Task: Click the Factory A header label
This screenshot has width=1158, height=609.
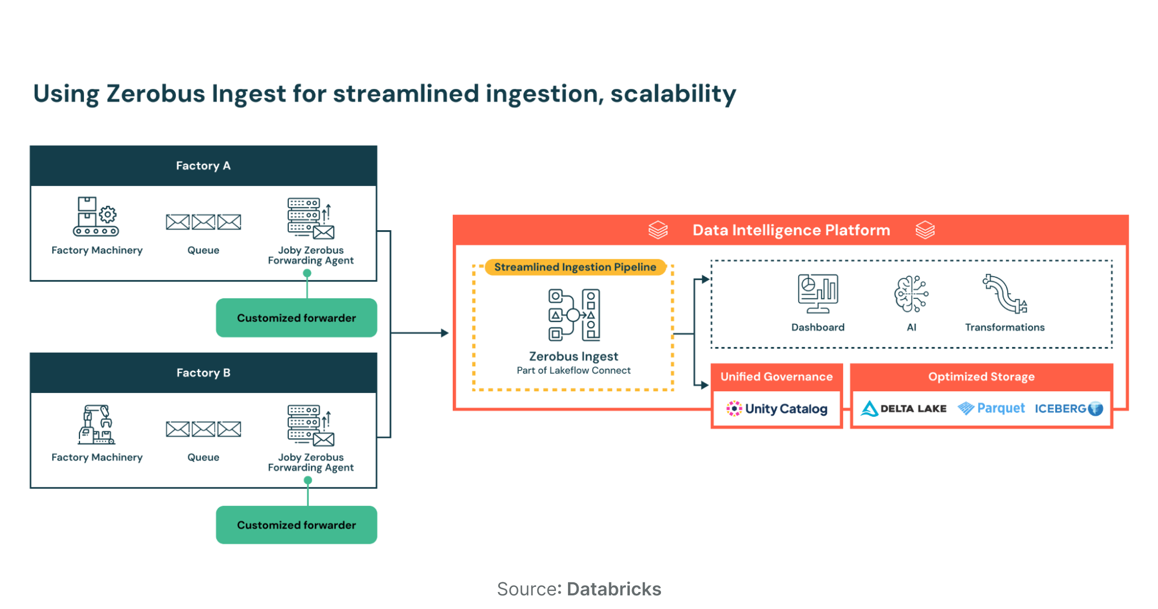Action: [203, 166]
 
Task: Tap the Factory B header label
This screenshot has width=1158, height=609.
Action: [203, 373]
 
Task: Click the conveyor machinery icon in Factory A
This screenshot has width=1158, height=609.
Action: [96, 217]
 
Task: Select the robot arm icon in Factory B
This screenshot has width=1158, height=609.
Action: [96, 424]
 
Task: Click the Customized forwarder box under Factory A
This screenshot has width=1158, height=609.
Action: [296, 318]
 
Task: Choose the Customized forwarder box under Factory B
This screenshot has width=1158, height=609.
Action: [296, 525]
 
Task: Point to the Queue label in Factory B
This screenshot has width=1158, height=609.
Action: [203, 457]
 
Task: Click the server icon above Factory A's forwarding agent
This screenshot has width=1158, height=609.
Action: [310, 218]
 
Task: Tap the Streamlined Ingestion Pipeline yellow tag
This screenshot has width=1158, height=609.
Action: [575, 267]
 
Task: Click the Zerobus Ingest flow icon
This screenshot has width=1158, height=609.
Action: [574, 315]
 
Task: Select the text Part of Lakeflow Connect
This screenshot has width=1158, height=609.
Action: [573, 370]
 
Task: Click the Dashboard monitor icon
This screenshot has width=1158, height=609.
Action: [818, 294]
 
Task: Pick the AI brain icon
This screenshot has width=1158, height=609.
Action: [911, 294]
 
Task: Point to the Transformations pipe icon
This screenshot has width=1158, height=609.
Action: [1005, 294]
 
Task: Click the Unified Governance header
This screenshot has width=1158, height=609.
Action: [776, 377]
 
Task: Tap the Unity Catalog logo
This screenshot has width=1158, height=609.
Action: [777, 409]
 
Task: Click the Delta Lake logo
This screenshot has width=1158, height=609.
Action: [903, 409]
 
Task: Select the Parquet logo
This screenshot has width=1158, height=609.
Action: [991, 408]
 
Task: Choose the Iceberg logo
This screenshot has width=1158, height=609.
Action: [1068, 409]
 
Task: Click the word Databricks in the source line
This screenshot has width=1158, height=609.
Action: [614, 589]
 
